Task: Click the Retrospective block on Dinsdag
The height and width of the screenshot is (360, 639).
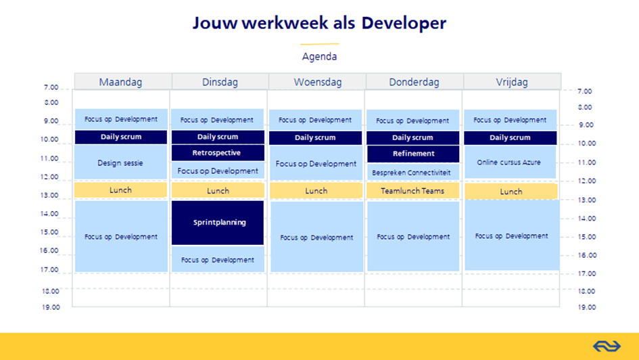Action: click(x=218, y=153)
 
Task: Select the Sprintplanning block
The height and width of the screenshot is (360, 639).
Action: click(x=218, y=223)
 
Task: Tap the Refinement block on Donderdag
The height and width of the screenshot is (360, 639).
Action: click(x=413, y=154)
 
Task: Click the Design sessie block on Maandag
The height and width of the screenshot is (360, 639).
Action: click(x=120, y=162)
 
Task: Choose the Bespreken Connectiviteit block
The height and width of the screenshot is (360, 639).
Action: click(x=413, y=172)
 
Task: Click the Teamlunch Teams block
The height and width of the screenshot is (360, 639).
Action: click(x=413, y=191)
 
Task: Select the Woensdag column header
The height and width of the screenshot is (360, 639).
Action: click(x=317, y=82)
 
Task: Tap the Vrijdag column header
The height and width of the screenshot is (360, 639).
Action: click(x=513, y=82)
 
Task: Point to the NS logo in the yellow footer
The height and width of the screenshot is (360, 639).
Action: click(x=607, y=346)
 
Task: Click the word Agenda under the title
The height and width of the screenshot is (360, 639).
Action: click(x=319, y=56)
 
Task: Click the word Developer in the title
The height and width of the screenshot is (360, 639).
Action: click(x=404, y=23)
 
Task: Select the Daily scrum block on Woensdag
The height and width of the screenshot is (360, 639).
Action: click(x=315, y=138)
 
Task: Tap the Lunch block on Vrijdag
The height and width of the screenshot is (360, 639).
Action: click(x=511, y=192)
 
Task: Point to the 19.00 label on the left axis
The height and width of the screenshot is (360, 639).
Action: click(x=51, y=307)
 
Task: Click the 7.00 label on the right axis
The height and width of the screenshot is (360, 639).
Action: click(x=584, y=91)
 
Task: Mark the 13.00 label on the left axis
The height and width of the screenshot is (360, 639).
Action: click(x=49, y=196)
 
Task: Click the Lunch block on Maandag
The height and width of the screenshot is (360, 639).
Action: click(x=120, y=190)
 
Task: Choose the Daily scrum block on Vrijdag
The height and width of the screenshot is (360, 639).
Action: click(x=511, y=138)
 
